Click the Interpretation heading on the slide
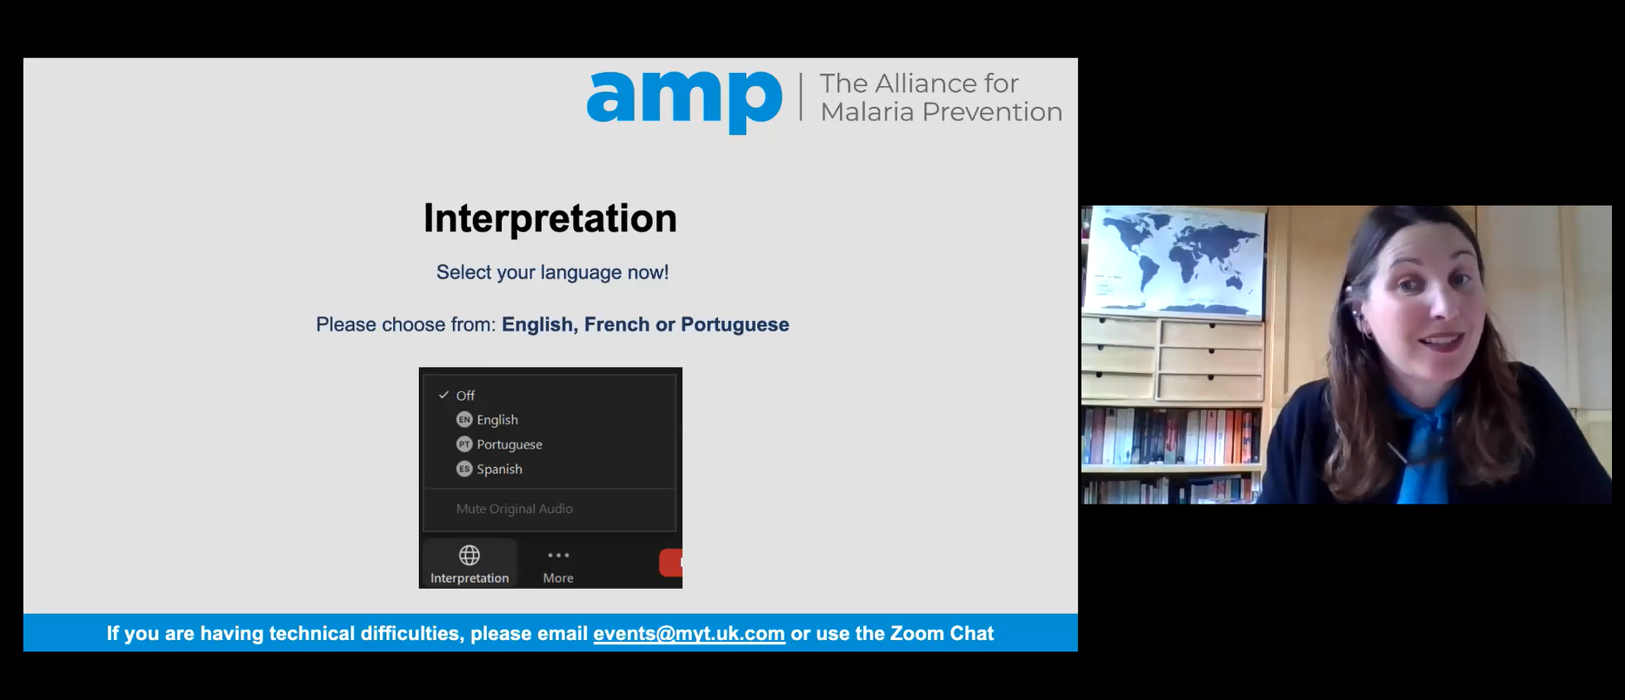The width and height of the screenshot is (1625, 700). pos(550,218)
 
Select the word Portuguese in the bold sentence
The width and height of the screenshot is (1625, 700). pos(735,324)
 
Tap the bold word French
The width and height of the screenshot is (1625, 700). pos(616,324)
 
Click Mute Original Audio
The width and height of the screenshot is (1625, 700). pos(515,509)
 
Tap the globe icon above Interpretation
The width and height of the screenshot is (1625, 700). pos(470,555)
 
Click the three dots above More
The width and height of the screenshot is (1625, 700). pos(558,555)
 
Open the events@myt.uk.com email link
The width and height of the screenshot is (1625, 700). pos(689,634)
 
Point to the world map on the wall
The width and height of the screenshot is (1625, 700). pos(1175,259)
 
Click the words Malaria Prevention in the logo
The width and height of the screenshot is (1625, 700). pos(942,112)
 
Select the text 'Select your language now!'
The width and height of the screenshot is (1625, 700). pos(553,272)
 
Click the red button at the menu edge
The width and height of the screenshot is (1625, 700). pos(671,563)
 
